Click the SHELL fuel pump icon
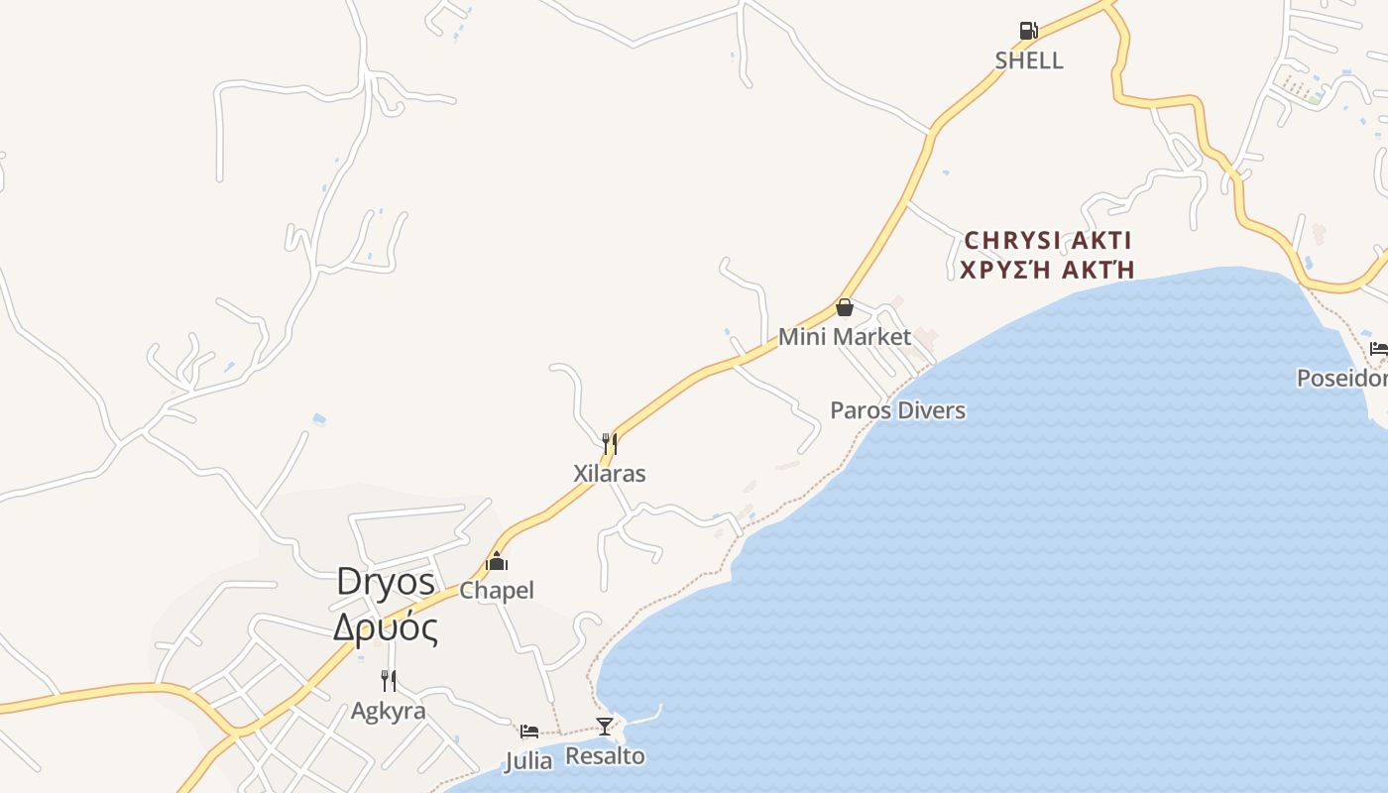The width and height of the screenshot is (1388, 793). pyautogui.click(x=1028, y=31)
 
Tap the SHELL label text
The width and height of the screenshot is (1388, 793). pyautogui.click(x=1029, y=60)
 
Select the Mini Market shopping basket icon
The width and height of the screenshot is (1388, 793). pyautogui.click(x=845, y=307)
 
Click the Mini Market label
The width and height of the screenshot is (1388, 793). pyautogui.click(x=845, y=337)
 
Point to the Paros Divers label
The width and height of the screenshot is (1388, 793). pyautogui.click(x=897, y=410)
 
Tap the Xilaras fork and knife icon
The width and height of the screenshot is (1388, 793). pyautogui.click(x=610, y=443)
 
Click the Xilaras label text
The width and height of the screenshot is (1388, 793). pyautogui.click(x=610, y=474)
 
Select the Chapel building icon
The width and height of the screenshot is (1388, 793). pyautogui.click(x=497, y=562)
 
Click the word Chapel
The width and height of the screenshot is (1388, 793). pyautogui.click(x=497, y=591)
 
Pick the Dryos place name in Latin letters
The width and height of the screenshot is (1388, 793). pyautogui.click(x=386, y=581)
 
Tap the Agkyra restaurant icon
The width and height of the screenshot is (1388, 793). pyautogui.click(x=389, y=681)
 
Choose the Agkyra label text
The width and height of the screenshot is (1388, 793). pyautogui.click(x=389, y=712)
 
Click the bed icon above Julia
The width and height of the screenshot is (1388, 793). pyautogui.click(x=529, y=732)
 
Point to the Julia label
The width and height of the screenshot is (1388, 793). pyautogui.click(x=528, y=761)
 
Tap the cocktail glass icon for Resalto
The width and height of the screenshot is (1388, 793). pyautogui.click(x=605, y=726)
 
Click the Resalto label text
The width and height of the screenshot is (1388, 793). pyautogui.click(x=605, y=756)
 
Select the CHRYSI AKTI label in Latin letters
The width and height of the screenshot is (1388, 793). pyautogui.click(x=1048, y=241)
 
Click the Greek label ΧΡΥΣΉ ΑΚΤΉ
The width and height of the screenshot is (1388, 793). pyautogui.click(x=1047, y=270)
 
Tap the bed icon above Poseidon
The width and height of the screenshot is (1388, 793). pyautogui.click(x=1378, y=348)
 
